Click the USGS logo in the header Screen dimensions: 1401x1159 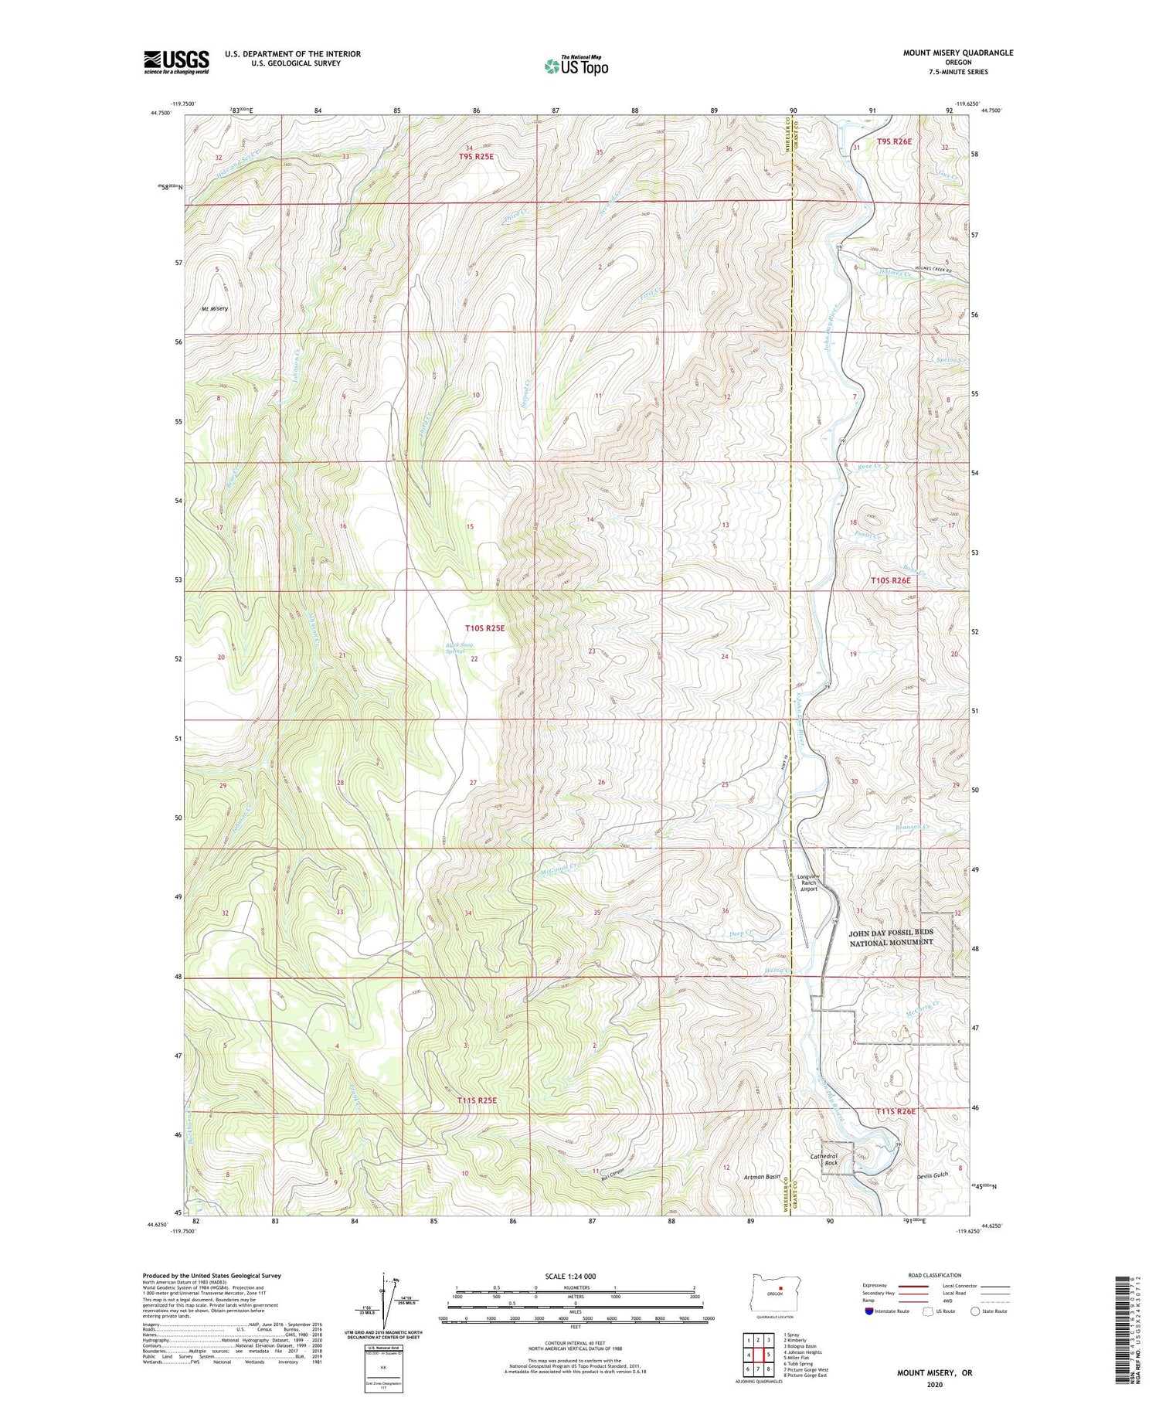176,62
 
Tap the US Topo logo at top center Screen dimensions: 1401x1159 576,66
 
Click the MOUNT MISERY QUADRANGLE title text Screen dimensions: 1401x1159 958,53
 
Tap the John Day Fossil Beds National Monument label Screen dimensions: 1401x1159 892,937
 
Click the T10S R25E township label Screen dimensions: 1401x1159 484,628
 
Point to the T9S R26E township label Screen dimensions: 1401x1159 894,141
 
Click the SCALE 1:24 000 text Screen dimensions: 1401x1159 570,1276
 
